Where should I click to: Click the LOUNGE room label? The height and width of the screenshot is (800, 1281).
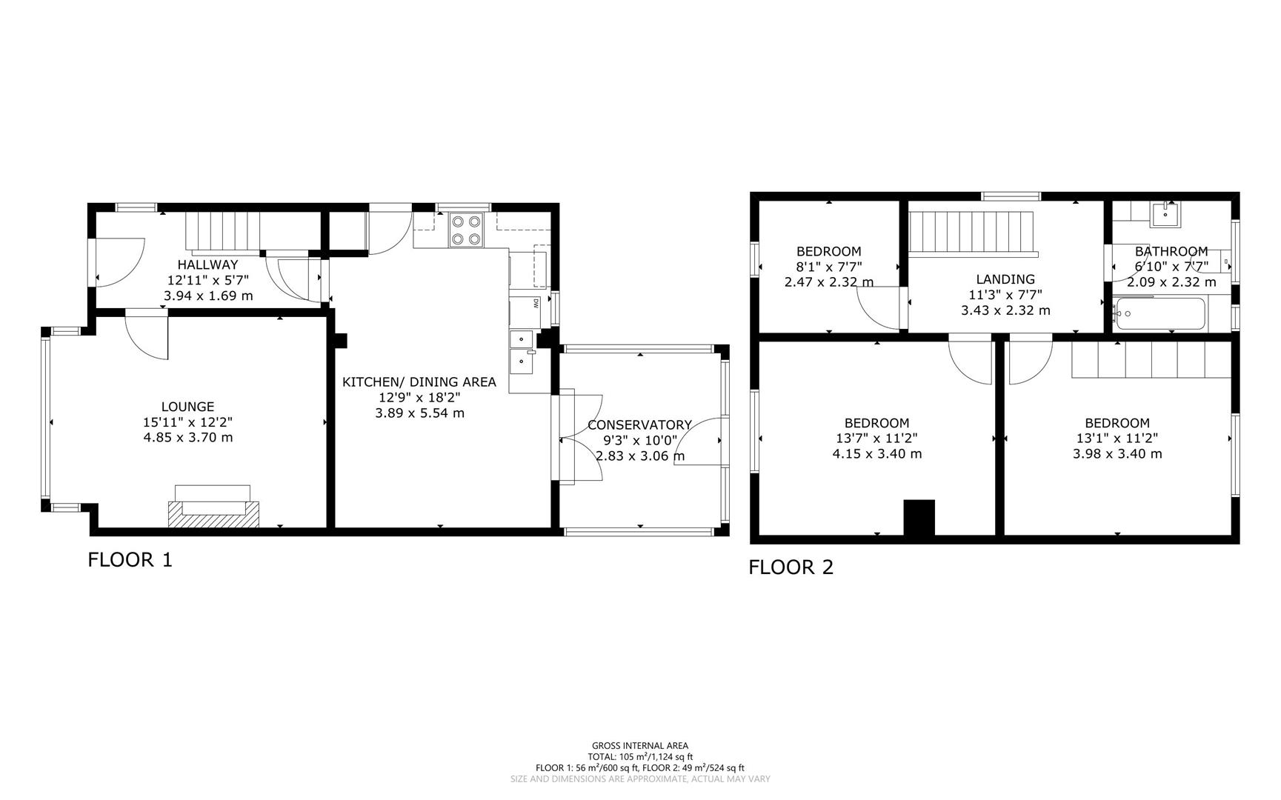pyautogui.click(x=187, y=407)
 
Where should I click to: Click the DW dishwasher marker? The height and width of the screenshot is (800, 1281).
pyautogui.click(x=535, y=302)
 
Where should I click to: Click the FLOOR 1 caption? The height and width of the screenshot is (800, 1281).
pyautogui.click(x=130, y=560)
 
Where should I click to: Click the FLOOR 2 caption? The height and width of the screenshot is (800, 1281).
pyautogui.click(x=791, y=567)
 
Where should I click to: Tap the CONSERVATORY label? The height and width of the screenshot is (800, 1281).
pyautogui.click(x=639, y=425)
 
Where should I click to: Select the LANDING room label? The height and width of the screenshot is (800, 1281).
pyautogui.click(x=1005, y=279)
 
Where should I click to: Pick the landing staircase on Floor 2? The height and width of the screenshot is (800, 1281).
pyautogui.click(x=971, y=232)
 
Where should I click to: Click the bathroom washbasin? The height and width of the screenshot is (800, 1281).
pyautogui.click(x=1166, y=214)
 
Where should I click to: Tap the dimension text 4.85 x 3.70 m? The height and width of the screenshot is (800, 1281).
pyautogui.click(x=187, y=438)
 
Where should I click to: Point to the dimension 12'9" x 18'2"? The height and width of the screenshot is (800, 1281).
pyautogui.click(x=419, y=398)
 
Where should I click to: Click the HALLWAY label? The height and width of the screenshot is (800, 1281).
pyautogui.click(x=207, y=264)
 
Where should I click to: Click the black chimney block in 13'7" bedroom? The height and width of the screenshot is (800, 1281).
pyautogui.click(x=919, y=517)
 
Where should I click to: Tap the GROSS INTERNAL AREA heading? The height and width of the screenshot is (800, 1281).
pyautogui.click(x=639, y=746)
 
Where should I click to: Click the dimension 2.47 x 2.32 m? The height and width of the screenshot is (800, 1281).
pyautogui.click(x=828, y=282)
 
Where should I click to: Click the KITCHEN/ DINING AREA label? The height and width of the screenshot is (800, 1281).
pyautogui.click(x=419, y=382)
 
